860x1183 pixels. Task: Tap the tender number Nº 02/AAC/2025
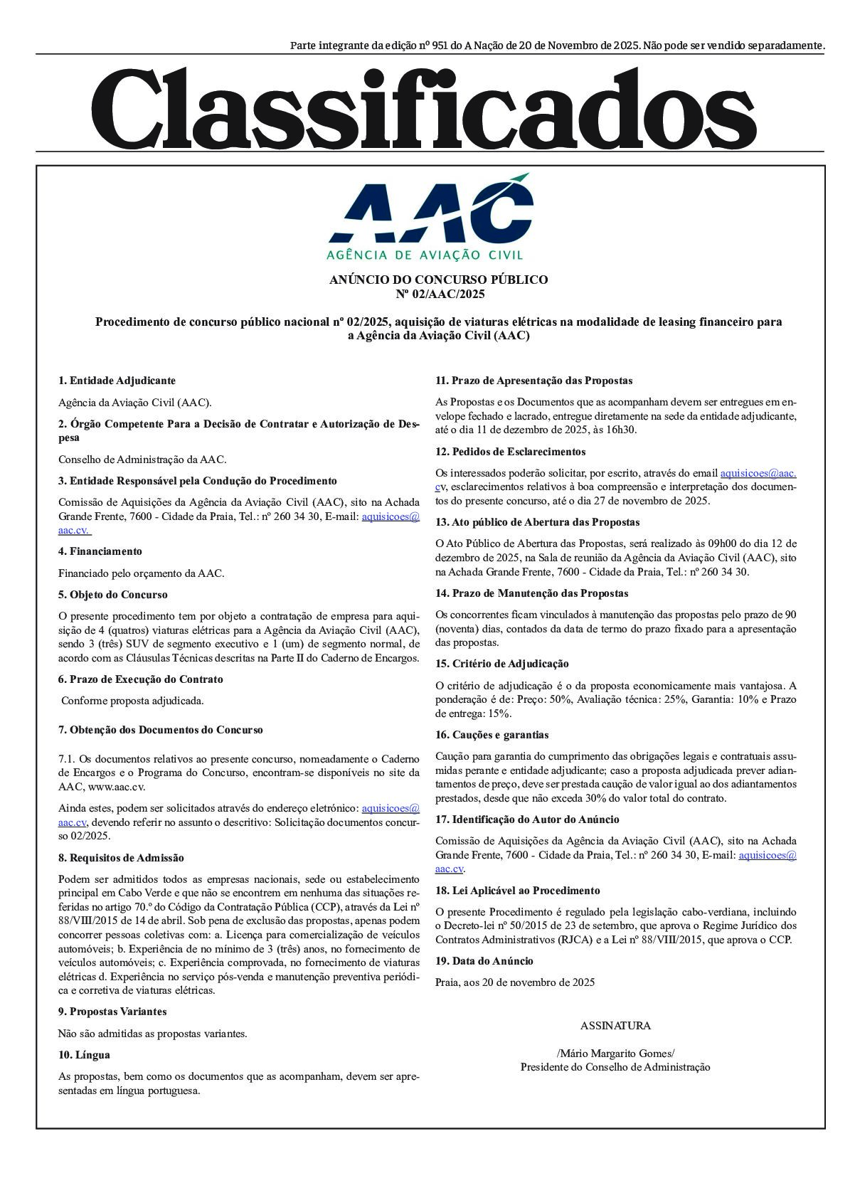(439, 294)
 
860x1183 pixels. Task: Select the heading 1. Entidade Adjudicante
(117, 381)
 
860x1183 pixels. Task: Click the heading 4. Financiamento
(100, 551)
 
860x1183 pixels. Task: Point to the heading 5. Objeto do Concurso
(112, 595)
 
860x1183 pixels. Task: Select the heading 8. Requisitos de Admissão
(121, 858)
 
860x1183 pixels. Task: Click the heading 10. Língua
(84, 1055)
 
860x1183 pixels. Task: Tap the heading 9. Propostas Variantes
(112, 1012)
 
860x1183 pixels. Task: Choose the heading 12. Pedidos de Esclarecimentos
(510, 452)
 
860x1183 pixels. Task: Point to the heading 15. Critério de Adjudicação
(501, 664)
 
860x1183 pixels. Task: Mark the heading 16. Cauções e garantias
(492, 735)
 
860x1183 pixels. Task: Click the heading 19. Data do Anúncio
(484, 961)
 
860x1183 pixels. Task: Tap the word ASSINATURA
(615, 1026)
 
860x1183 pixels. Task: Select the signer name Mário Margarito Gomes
(615, 1054)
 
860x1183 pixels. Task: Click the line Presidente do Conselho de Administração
(615, 1067)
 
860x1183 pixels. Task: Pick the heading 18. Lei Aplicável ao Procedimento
(517, 891)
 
